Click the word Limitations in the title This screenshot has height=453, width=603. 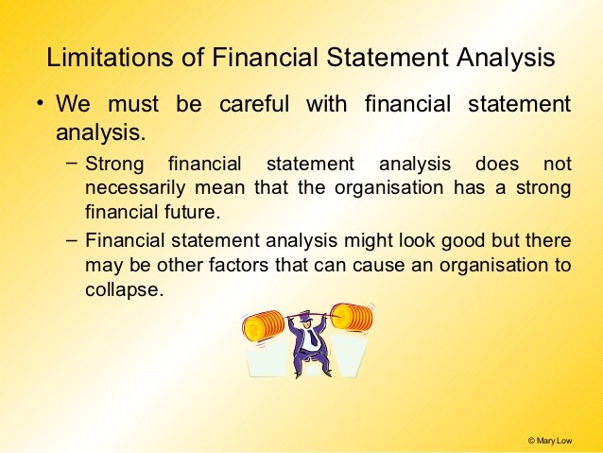(x=110, y=58)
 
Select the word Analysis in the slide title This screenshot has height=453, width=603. (x=506, y=58)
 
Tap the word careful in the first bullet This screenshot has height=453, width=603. (x=254, y=104)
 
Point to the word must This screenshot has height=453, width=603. (x=133, y=105)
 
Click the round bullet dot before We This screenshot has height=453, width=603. (x=40, y=103)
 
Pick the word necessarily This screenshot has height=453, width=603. (x=135, y=188)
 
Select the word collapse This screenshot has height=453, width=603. (x=122, y=289)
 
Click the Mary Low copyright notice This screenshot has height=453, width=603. (x=550, y=441)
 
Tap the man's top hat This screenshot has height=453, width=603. (x=305, y=317)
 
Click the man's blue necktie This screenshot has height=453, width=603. (x=314, y=338)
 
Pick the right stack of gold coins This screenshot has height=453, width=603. (x=353, y=318)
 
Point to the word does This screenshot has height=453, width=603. (x=497, y=164)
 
